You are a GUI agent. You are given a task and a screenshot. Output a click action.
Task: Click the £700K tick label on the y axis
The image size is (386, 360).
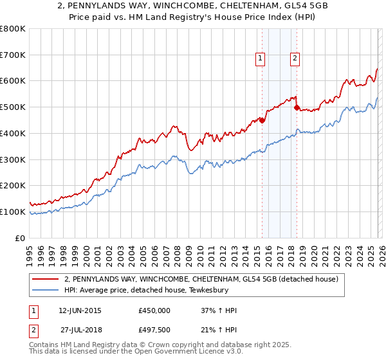(13, 55)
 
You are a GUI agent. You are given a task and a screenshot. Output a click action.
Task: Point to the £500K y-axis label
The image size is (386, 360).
(13, 107)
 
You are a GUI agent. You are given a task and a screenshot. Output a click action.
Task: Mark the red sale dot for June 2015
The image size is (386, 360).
(262, 120)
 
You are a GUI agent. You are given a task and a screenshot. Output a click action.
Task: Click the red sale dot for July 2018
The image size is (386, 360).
(297, 108)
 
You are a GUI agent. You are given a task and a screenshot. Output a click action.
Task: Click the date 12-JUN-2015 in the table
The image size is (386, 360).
(80, 310)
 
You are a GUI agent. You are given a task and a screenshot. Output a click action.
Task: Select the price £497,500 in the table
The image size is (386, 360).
(154, 330)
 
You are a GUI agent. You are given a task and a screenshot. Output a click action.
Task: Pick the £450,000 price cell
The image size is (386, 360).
(154, 310)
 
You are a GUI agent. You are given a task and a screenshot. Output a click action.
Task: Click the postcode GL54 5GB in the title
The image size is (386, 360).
(271, 7)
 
